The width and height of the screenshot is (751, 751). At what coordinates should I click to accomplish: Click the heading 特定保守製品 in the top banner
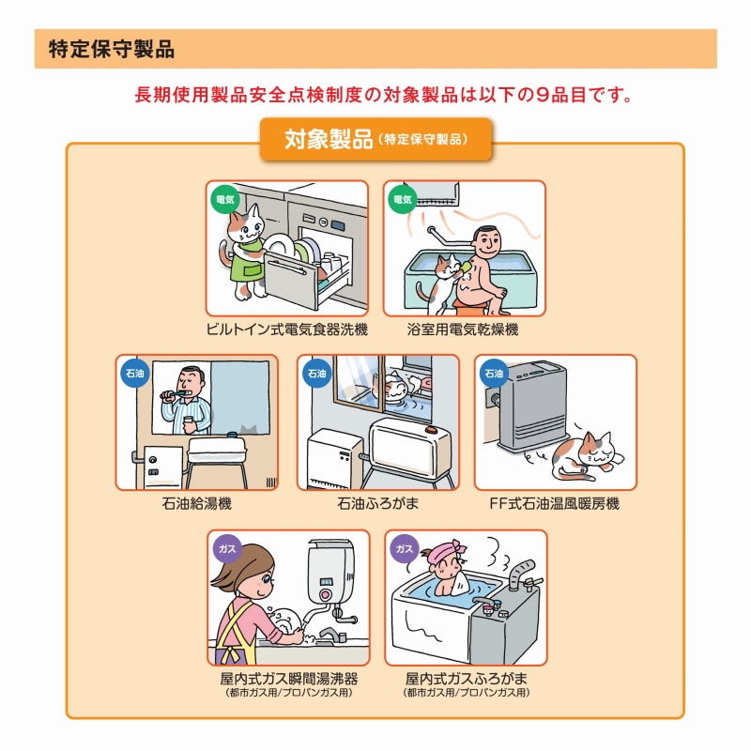pyautogui.click(x=112, y=50)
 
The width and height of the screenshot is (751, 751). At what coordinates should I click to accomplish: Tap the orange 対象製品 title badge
pyautogui.click(x=376, y=139)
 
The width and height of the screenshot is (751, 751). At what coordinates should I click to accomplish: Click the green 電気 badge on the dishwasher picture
pyautogui.click(x=225, y=199)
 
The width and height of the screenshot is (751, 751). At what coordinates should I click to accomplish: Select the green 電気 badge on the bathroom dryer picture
pyautogui.click(x=403, y=199)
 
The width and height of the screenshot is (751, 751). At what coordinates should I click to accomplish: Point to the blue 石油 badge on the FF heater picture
pyautogui.click(x=494, y=373)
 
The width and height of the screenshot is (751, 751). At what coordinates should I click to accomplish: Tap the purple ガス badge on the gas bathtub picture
pyautogui.click(x=405, y=548)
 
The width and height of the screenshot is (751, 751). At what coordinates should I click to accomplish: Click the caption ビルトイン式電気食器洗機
pyautogui.click(x=287, y=330)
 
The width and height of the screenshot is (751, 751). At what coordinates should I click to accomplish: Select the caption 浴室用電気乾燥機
pyautogui.click(x=463, y=330)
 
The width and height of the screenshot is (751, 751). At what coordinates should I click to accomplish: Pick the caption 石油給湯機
pyautogui.click(x=197, y=503)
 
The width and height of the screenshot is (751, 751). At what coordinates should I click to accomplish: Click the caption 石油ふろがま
pyautogui.click(x=378, y=503)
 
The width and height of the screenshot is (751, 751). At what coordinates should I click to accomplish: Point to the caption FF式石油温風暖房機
pyautogui.click(x=555, y=503)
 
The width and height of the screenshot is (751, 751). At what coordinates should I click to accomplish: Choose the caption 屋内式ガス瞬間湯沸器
pyautogui.click(x=289, y=678)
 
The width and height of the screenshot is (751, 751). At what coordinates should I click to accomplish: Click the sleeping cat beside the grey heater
pyautogui.click(x=588, y=456)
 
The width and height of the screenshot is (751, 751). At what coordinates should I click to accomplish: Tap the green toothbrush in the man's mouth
pyautogui.click(x=175, y=393)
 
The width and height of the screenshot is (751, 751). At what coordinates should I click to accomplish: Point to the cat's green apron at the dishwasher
pyautogui.click(x=246, y=265)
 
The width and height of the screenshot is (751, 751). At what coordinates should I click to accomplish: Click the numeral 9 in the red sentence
pyautogui.click(x=543, y=95)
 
